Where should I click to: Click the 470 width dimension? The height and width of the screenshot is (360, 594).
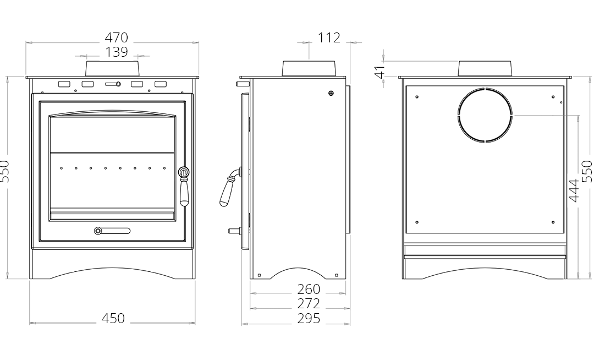tap(116, 37)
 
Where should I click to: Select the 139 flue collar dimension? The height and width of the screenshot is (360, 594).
tap(116, 52)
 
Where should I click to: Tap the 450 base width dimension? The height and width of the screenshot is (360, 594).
tap(113, 318)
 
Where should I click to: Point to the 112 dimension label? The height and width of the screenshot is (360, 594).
tap(329, 37)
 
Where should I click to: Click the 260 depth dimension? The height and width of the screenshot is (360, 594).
tap(309, 289)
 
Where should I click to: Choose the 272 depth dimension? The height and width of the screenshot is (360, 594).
tap(309, 303)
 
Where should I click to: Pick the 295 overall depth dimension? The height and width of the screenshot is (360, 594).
tap(309, 318)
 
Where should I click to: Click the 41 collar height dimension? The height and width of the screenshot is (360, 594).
tap(379, 72)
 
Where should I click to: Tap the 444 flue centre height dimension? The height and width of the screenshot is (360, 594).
tap(574, 190)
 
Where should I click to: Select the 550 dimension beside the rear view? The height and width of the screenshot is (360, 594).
tap(587, 171)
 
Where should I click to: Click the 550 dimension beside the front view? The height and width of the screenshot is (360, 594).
tap(4, 171)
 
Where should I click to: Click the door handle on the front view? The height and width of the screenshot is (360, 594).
tap(184, 187)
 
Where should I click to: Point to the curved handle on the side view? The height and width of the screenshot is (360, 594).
tap(230, 187)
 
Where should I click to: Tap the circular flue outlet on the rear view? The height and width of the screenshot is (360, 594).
tap(485, 115)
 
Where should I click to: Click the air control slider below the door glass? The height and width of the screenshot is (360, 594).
tap(112, 231)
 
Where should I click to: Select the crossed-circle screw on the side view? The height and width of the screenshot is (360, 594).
tap(331, 93)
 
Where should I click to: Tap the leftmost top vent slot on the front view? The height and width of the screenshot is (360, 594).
tap(64, 84)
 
